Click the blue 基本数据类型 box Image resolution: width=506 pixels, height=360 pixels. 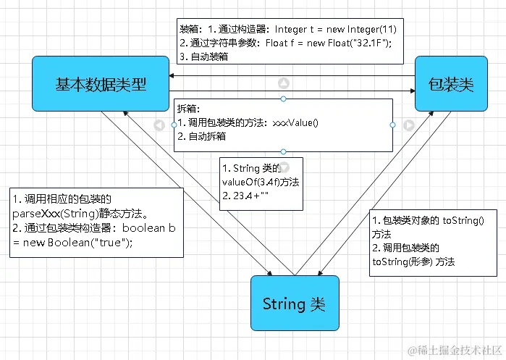click(x=101, y=85)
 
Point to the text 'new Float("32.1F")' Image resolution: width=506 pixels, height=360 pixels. click(x=347, y=43)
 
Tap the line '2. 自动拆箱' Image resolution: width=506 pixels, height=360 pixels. click(x=201, y=135)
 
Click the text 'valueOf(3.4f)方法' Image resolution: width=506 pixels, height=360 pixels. click(x=258, y=182)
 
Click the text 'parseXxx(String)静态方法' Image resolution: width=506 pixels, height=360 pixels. click(x=80, y=214)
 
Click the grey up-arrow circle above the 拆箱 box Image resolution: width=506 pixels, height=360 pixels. click(x=284, y=83)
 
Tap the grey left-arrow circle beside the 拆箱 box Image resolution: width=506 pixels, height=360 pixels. click(x=159, y=125)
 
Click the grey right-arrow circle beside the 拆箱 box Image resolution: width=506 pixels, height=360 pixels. click(x=408, y=125)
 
